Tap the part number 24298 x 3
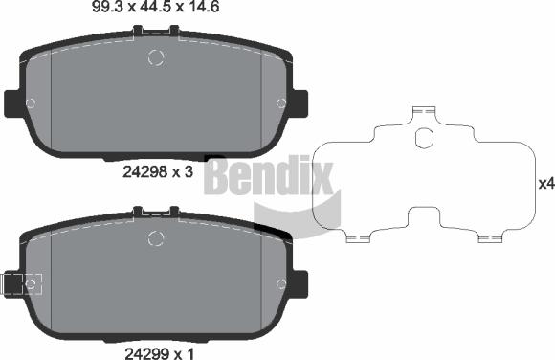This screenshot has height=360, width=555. pyautogui.click(x=159, y=172)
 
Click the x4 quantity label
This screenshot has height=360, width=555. pyautogui.click(x=545, y=184)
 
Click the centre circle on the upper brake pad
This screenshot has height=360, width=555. pyautogui.click(x=157, y=58)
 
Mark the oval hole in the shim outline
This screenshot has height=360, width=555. pyautogui.click(x=424, y=139)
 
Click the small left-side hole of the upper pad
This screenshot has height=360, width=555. pyautogui.click(x=31, y=103)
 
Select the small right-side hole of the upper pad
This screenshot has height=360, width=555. pyautogui.click(x=281, y=103)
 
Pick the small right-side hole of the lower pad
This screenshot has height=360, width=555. pyautogui.click(x=280, y=283)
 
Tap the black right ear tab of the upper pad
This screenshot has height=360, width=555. pyautogui.click(x=299, y=102)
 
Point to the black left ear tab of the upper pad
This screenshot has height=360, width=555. pyautogui.click(x=12, y=102)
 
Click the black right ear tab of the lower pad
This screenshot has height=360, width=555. pyautogui.click(x=299, y=283)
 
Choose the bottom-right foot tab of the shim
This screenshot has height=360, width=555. pyautogui.click(x=492, y=236)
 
